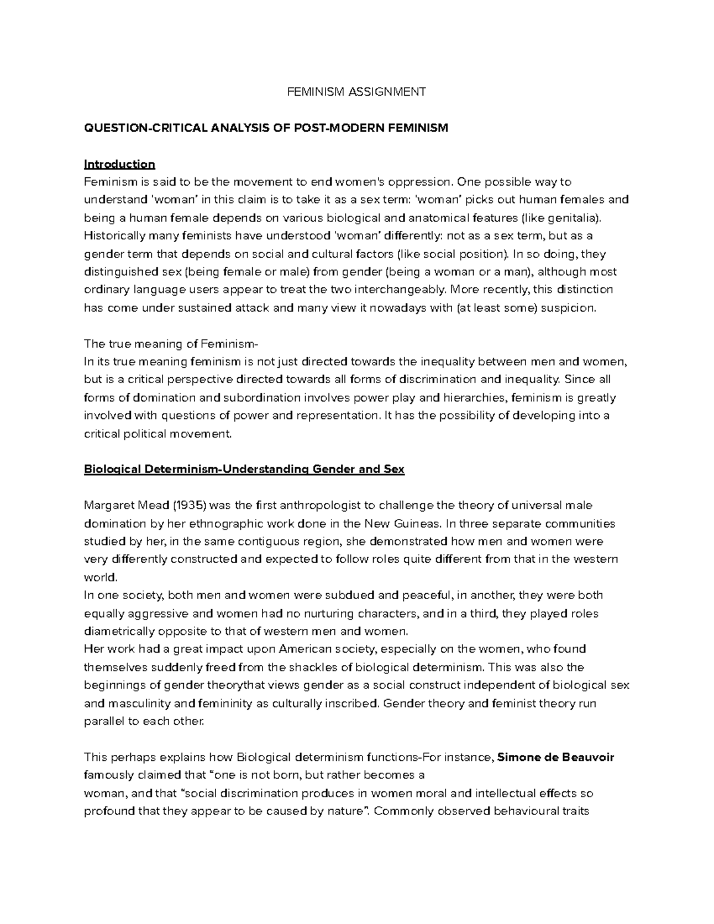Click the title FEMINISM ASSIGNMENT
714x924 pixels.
(356, 92)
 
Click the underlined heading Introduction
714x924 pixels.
(119, 164)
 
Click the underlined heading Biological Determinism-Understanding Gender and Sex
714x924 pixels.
(244, 469)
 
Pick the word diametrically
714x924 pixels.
(117, 631)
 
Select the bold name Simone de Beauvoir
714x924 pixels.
(555, 757)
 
